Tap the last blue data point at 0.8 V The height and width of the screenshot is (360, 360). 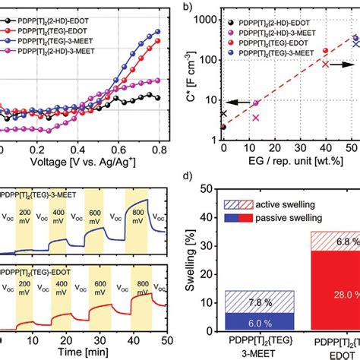pos(158,31)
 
